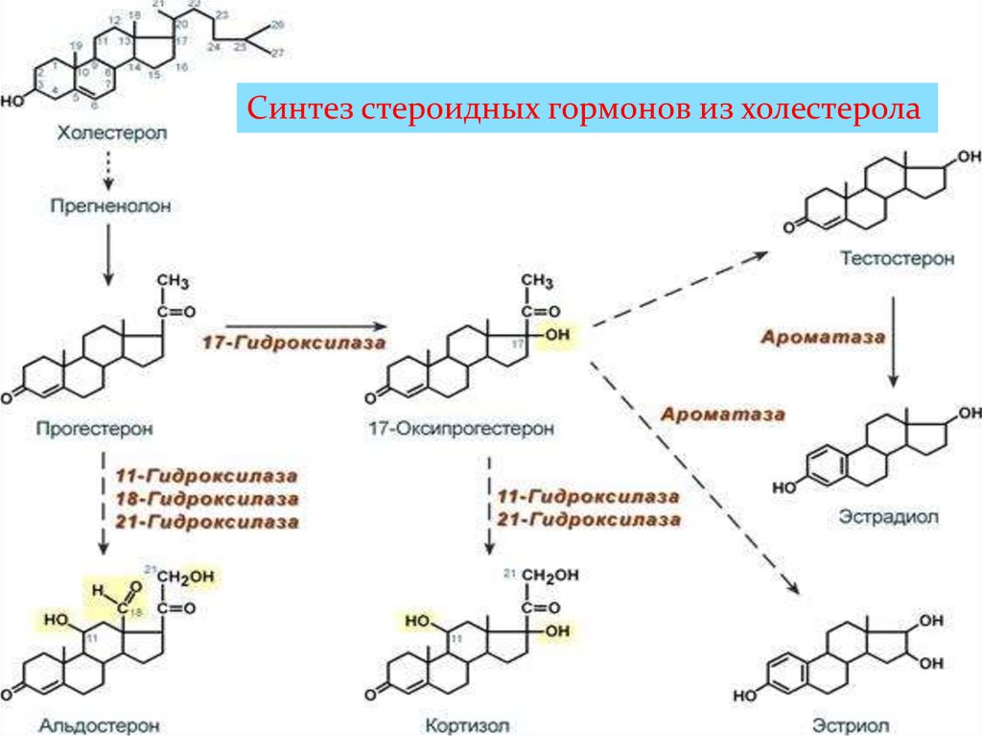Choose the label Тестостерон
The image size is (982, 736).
click(896, 258)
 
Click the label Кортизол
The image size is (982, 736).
click(470, 724)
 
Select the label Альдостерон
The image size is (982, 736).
click(100, 724)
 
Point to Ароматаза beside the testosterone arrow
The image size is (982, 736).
click(822, 338)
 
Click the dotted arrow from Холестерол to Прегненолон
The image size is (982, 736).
click(108, 170)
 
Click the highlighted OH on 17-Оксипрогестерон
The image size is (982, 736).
click(556, 336)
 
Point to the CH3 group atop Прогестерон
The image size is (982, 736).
click(173, 281)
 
